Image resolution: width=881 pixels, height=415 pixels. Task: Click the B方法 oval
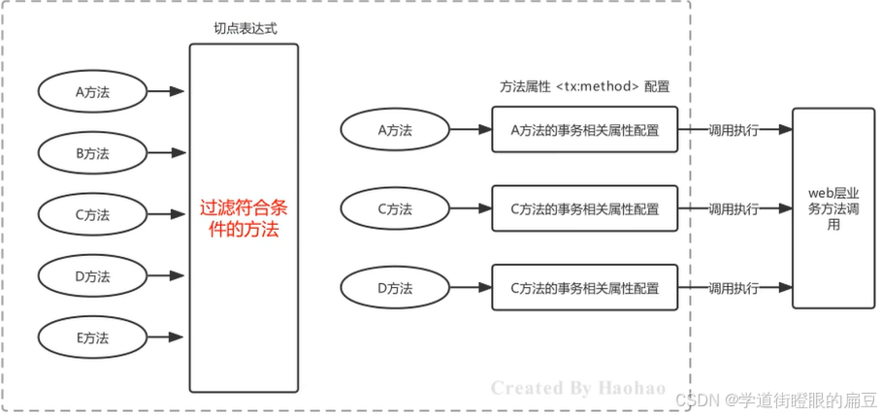[x=92, y=153]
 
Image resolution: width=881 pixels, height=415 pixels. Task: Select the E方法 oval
[x=92, y=337]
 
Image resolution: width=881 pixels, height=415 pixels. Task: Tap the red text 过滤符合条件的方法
[x=244, y=220]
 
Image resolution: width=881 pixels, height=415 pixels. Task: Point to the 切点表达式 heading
[x=245, y=29]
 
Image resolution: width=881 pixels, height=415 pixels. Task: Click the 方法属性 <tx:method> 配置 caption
[x=578, y=86]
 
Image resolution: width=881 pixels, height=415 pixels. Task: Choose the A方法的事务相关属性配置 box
[x=584, y=130]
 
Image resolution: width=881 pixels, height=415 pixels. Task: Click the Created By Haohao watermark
[x=578, y=388]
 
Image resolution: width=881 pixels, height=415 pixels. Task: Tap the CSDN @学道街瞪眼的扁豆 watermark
[x=776, y=399]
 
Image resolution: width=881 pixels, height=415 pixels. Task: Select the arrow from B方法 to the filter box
[x=167, y=153]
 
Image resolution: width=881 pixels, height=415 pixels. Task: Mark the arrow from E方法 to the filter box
[x=167, y=337]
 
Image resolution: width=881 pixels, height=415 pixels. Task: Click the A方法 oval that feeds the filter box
[x=92, y=92]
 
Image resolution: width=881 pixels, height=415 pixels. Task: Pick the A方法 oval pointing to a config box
[x=394, y=130]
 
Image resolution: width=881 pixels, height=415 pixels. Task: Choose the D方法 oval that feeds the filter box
[x=92, y=276]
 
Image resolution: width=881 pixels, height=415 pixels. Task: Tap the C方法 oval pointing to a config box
[x=394, y=208]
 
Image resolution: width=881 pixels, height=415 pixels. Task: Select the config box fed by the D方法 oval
[x=584, y=288]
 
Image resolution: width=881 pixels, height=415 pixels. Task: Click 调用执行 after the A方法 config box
[x=734, y=130]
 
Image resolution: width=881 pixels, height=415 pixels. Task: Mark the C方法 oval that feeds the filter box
[x=92, y=214]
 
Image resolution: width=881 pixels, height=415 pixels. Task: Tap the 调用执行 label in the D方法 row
[x=734, y=288]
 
